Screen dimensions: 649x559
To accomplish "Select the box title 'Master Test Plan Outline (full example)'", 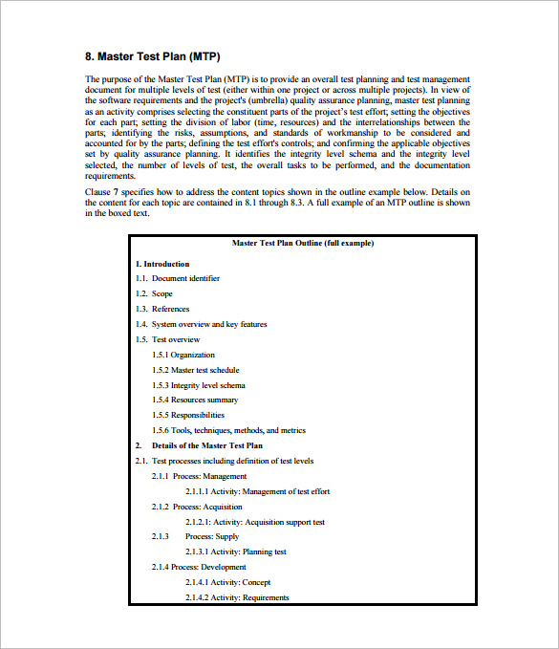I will coord(302,244).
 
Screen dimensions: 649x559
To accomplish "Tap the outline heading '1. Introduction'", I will coord(162,264).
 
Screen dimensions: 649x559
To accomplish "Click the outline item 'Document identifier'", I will coord(185,279).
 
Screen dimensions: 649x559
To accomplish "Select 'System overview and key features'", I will coord(209,325).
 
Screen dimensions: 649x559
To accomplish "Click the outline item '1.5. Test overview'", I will coord(167,339).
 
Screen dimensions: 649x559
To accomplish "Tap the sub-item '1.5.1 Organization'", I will coord(186,355).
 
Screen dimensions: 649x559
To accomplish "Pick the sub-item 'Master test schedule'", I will coord(204,370).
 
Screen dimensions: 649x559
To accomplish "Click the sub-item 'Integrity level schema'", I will coord(207,385).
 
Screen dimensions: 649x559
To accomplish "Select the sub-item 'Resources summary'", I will coord(204,400).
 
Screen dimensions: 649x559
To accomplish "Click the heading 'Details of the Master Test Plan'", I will coord(206,445).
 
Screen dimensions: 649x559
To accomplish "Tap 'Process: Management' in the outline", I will coord(209,476).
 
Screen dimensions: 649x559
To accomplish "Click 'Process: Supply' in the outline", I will coord(212,537).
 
